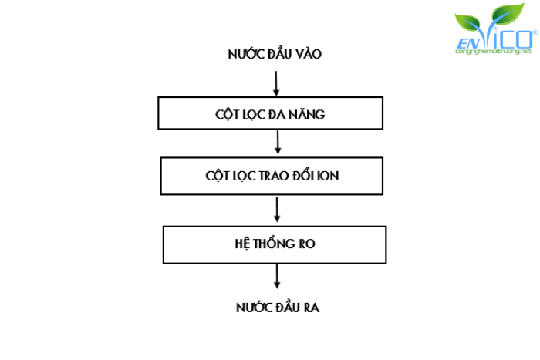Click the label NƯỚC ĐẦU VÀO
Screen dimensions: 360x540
click(274, 54)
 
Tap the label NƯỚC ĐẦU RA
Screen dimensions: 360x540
click(278, 308)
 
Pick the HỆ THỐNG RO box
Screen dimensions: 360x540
click(274, 244)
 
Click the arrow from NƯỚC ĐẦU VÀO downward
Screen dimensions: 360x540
click(275, 81)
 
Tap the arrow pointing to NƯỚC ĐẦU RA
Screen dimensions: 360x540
click(277, 275)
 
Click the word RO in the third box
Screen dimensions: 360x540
click(307, 244)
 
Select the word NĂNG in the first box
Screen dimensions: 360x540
click(310, 114)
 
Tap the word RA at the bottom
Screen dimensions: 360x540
click(311, 308)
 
